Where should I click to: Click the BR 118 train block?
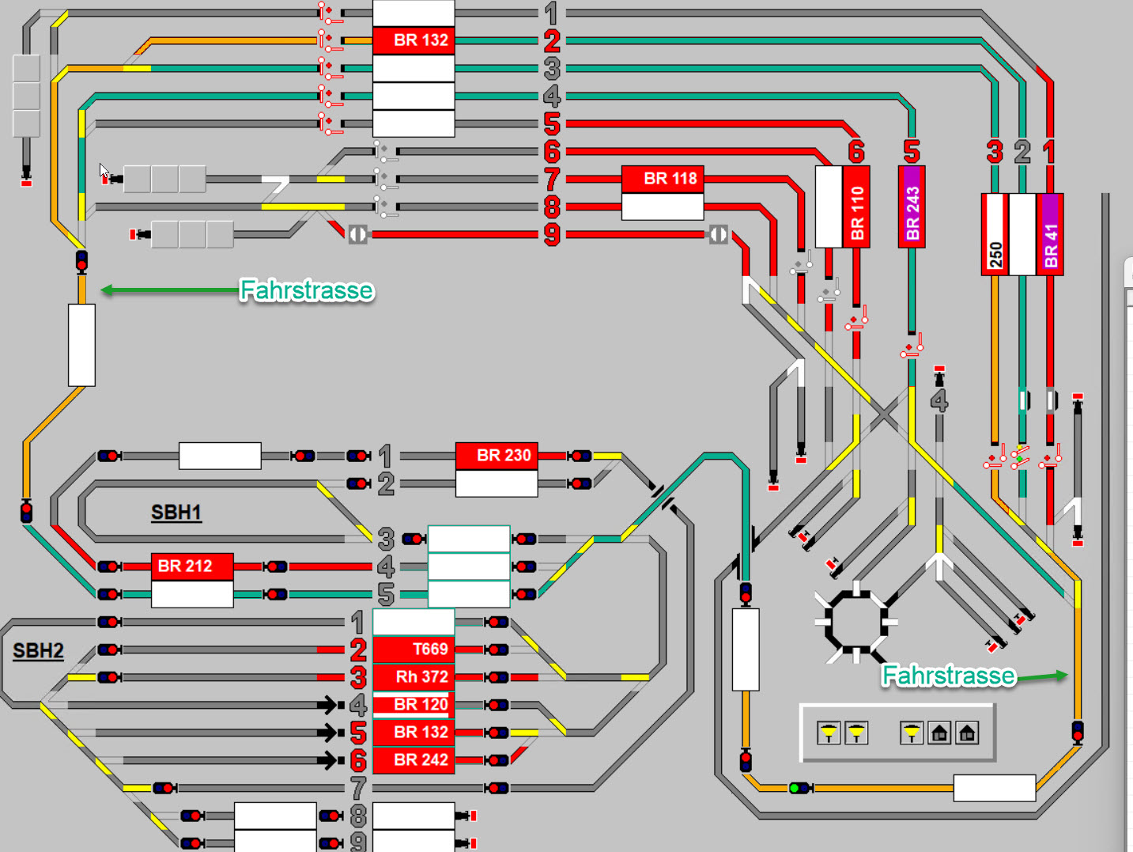point(662,179)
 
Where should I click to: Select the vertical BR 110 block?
point(857,207)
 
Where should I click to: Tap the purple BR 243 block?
point(912,207)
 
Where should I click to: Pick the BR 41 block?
point(1050,234)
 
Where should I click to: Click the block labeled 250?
point(995,235)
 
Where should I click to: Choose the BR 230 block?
point(497,456)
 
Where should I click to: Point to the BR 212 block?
point(192,566)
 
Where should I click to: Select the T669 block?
point(414,649)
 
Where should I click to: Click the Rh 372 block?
point(414,677)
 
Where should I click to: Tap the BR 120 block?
point(414,705)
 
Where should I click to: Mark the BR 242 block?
point(414,760)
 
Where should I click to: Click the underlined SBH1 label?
point(176,513)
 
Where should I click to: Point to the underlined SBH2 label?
point(38,651)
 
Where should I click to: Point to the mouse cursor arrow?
point(104,170)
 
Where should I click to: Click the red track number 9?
point(552,235)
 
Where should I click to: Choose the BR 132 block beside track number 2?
point(414,40)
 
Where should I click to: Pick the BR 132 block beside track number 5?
point(414,733)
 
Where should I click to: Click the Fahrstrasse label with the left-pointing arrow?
point(307,290)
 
